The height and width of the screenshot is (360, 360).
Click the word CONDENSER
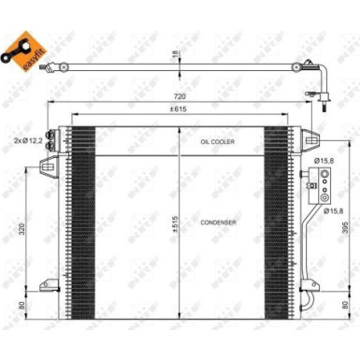217,223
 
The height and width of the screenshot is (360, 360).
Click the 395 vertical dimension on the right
346,230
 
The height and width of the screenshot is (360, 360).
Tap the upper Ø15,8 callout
324,160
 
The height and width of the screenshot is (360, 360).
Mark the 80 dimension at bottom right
346,305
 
